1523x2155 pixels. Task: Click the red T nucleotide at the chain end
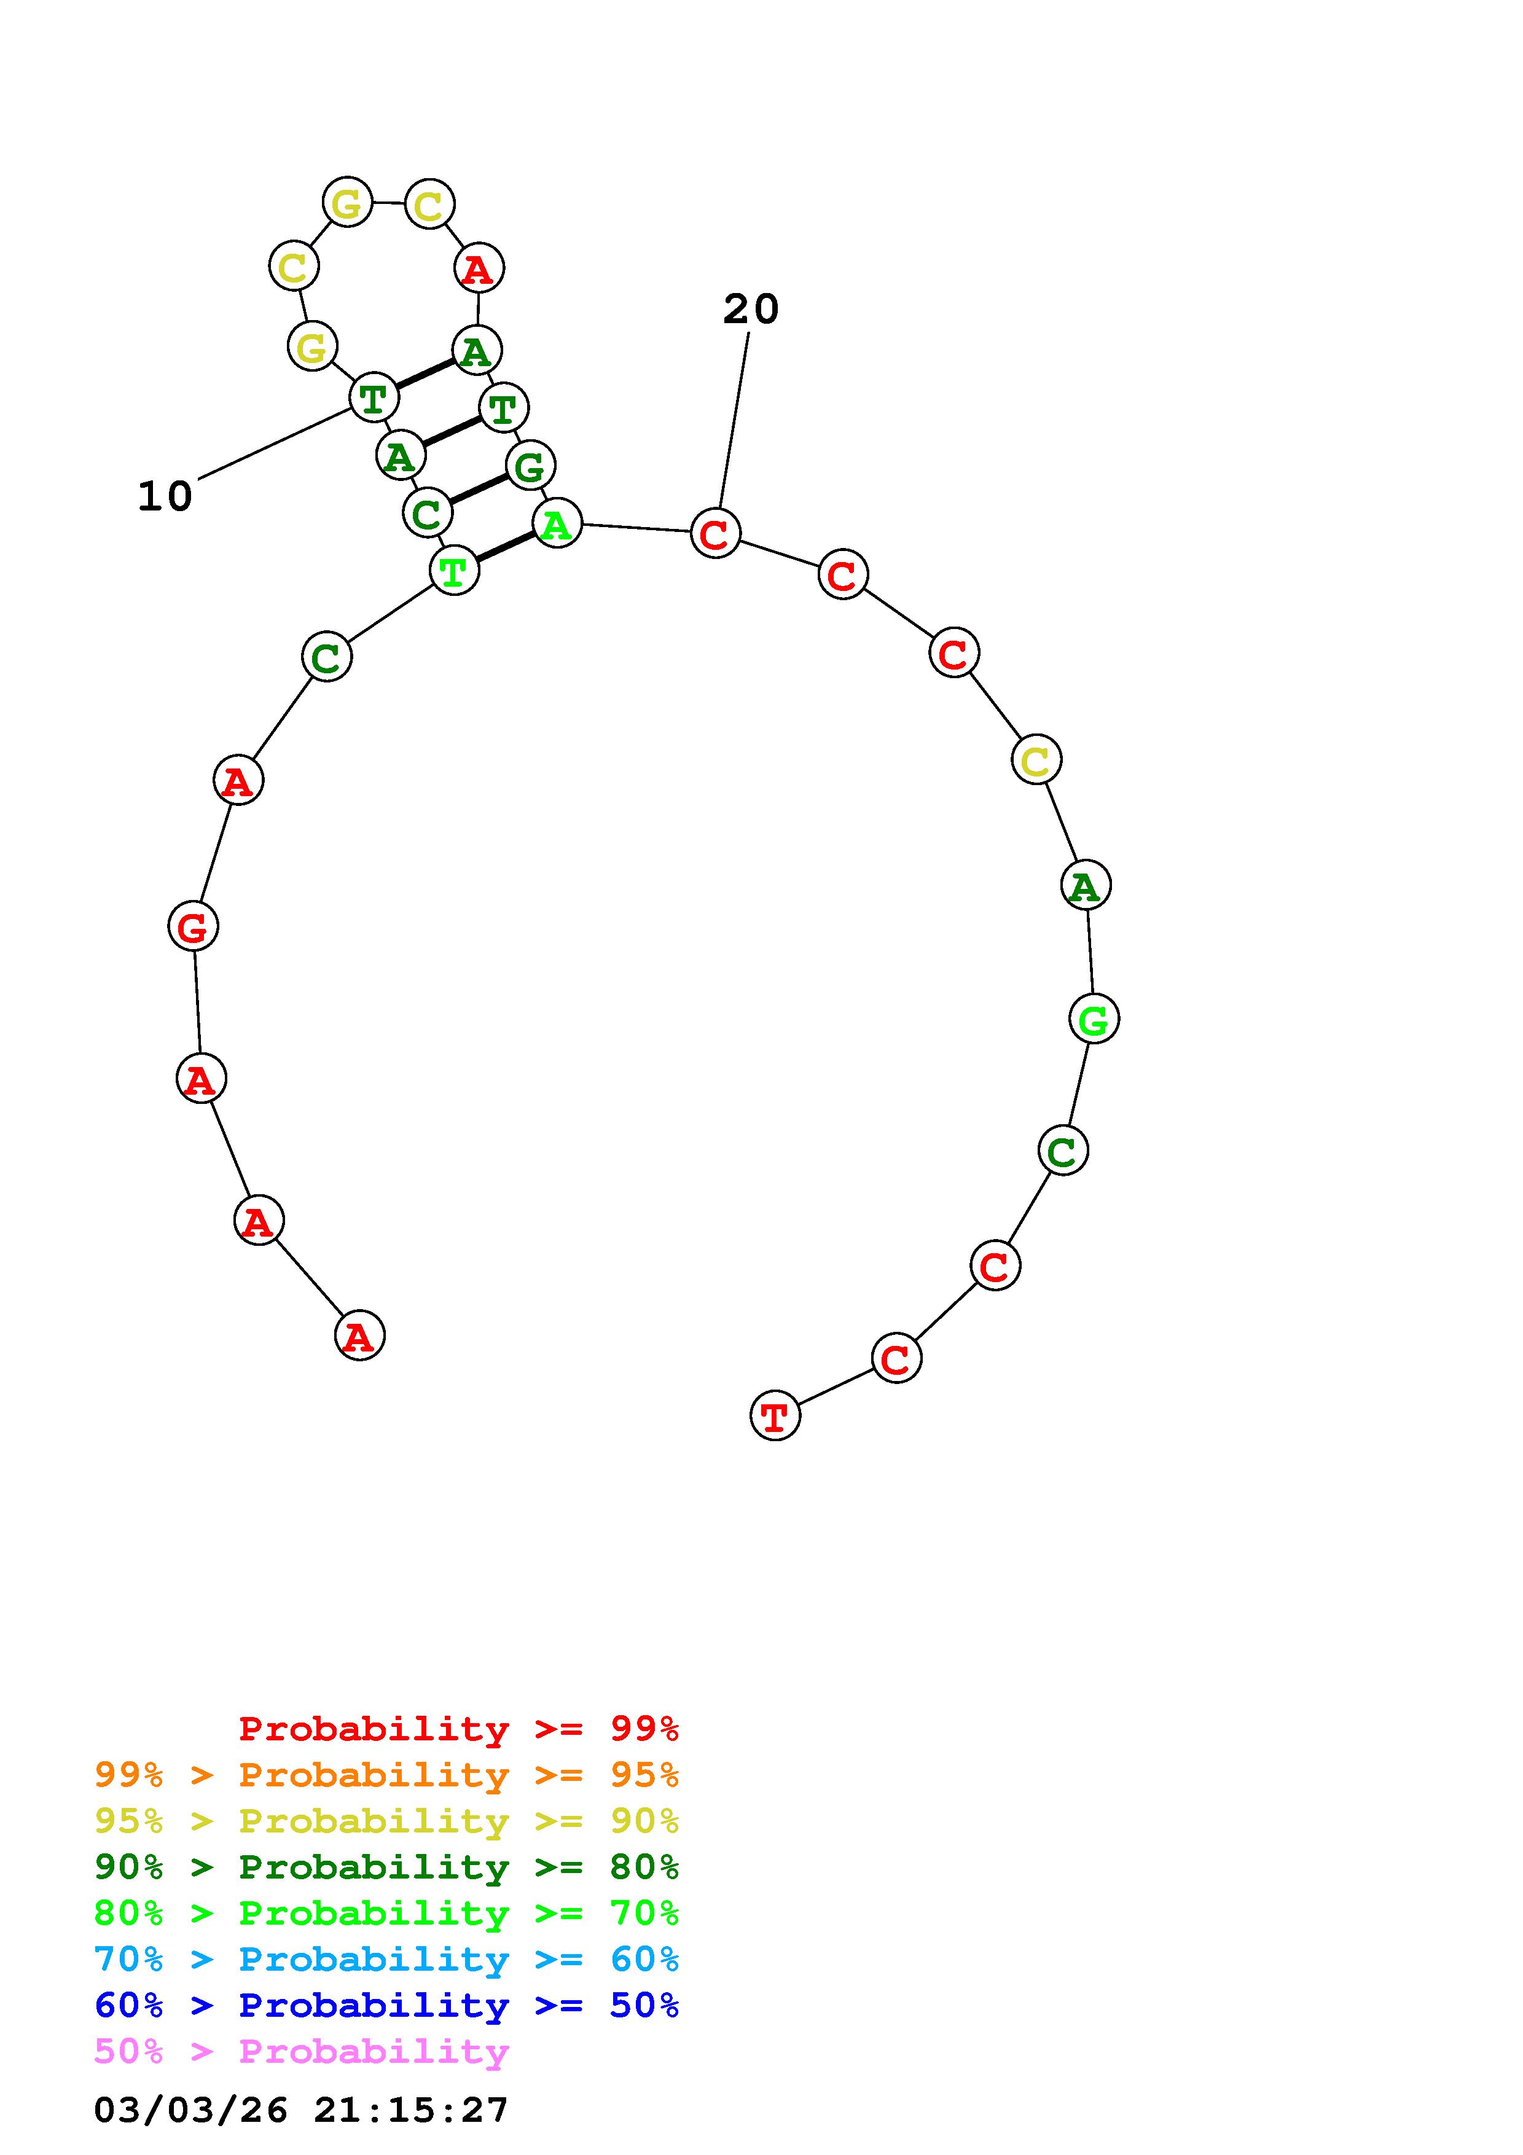click(x=775, y=1415)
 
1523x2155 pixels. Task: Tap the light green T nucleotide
click(x=454, y=569)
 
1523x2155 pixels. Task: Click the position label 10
click(x=165, y=496)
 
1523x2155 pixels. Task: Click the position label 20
click(x=751, y=309)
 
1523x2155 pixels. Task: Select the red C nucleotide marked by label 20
click(x=716, y=533)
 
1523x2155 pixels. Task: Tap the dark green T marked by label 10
click(x=374, y=397)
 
